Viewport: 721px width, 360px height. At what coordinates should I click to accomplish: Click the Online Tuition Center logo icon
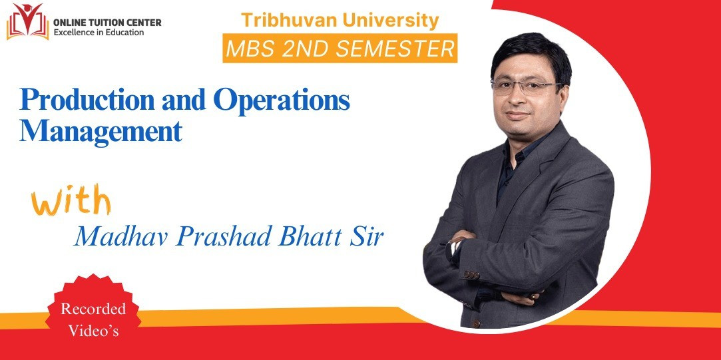coord(27,21)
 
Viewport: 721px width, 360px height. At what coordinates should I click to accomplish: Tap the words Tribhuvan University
coord(340,20)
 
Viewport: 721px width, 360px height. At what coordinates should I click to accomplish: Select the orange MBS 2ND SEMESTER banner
coord(340,49)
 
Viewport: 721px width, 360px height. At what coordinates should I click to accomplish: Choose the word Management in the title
coord(101,131)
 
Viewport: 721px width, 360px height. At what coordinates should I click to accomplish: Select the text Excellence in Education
coord(99,32)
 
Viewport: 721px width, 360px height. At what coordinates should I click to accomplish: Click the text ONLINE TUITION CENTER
coord(108,22)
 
